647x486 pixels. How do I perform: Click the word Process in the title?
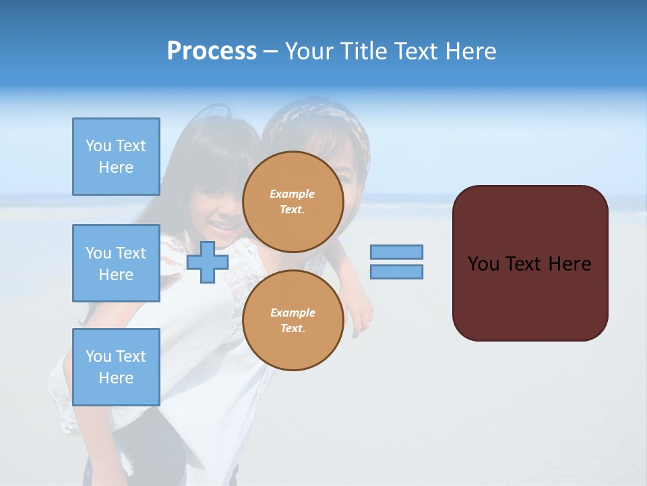[212, 51]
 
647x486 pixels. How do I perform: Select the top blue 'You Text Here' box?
[116, 157]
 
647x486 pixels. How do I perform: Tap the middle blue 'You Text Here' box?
[116, 263]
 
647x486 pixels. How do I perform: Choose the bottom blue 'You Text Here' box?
[116, 367]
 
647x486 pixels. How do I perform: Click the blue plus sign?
[208, 263]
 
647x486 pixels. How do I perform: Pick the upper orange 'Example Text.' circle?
[292, 201]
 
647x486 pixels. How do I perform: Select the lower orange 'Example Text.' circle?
[292, 320]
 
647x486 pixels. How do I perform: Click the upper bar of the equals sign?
[396, 252]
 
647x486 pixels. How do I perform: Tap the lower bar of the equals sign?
[396, 271]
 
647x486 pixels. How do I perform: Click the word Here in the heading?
[472, 51]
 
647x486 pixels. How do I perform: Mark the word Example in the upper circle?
[292, 194]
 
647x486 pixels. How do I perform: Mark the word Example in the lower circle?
[292, 313]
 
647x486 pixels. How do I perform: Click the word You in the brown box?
[483, 264]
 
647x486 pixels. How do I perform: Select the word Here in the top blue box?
[116, 167]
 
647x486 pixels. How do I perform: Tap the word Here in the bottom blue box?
[116, 378]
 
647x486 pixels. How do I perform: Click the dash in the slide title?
[270, 51]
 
